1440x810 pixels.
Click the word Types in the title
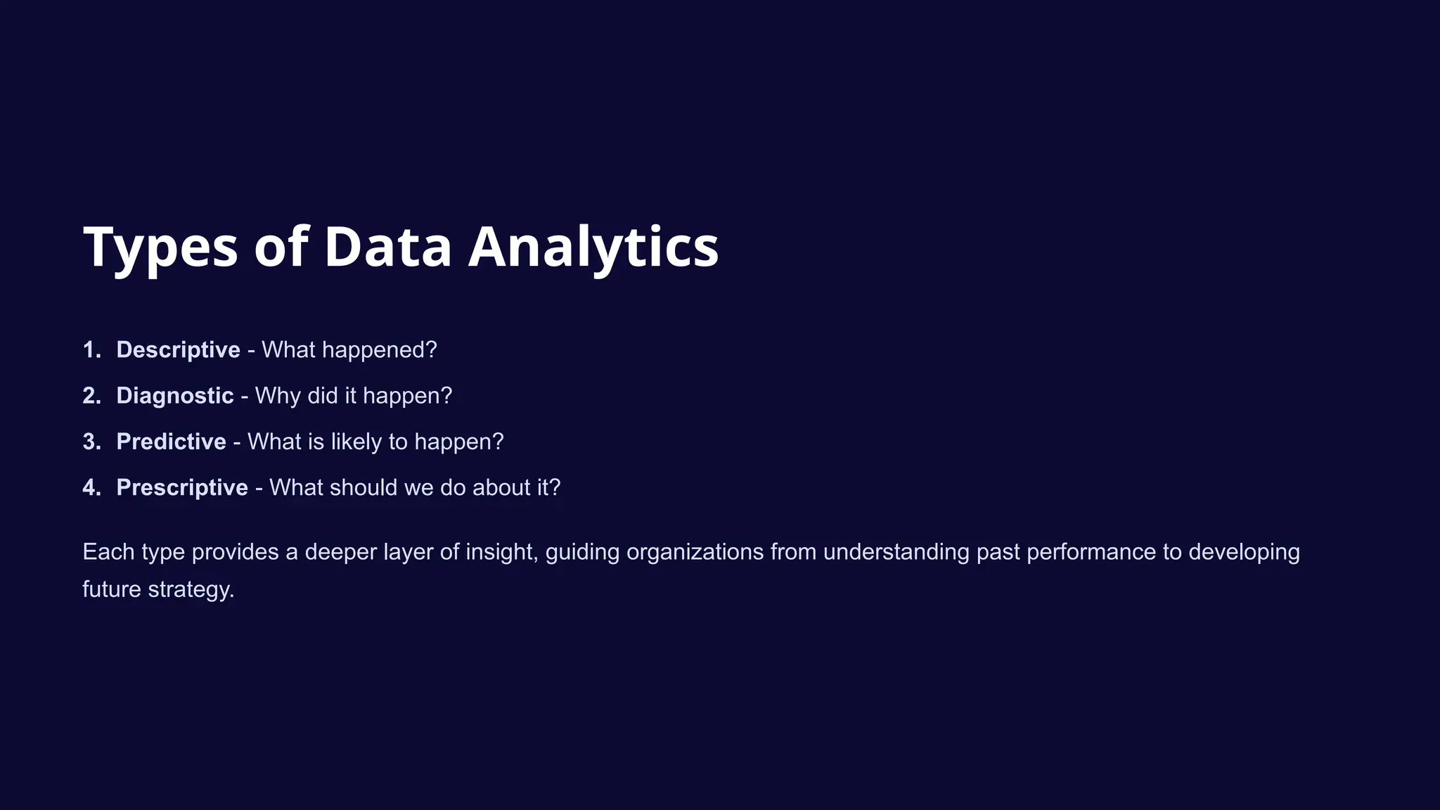pyautogui.click(x=160, y=247)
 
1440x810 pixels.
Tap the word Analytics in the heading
pyautogui.click(x=593, y=247)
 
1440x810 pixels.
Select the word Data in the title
pyautogui.click(x=387, y=247)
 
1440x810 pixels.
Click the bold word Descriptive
pyautogui.click(x=178, y=350)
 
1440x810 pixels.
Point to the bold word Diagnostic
pyautogui.click(x=174, y=396)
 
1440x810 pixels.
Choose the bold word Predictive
pyautogui.click(x=171, y=442)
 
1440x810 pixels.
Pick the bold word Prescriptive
pyautogui.click(x=181, y=487)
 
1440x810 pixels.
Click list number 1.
pyautogui.click(x=91, y=350)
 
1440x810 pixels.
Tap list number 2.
pyautogui.click(x=91, y=396)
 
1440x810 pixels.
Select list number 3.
pyautogui.click(x=91, y=442)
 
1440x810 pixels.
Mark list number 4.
pyautogui.click(x=91, y=487)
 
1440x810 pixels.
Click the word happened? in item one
pyautogui.click(x=380, y=350)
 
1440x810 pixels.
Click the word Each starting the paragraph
pyautogui.click(x=108, y=552)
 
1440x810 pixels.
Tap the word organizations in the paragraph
pyautogui.click(x=695, y=552)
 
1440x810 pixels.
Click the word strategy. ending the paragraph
pyautogui.click(x=191, y=589)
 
